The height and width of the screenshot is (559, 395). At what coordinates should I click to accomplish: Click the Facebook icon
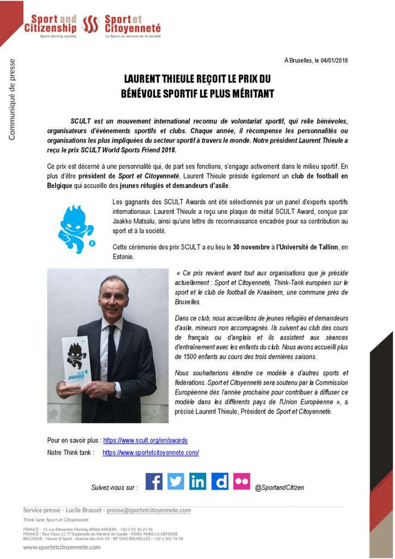pyautogui.click(x=154, y=481)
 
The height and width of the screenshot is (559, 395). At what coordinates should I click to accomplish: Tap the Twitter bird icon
pyautogui.click(x=176, y=481)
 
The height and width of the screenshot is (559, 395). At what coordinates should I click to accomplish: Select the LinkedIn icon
pyautogui.click(x=197, y=481)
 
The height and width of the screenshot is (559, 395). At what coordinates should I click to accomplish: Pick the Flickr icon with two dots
pyautogui.click(x=242, y=481)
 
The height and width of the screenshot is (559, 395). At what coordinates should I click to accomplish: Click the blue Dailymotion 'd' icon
pyautogui.click(x=220, y=481)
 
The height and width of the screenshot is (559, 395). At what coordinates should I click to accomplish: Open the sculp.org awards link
pyautogui.click(x=145, y=440)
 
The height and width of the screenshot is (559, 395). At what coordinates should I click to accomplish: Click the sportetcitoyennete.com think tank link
pyautogui.click(x=151, y=453)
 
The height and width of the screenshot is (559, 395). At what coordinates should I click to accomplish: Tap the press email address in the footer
pyautogui.click(x=148, y=510)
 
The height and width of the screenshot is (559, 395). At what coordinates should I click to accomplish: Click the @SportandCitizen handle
pyautogui.click(x=279, y=487)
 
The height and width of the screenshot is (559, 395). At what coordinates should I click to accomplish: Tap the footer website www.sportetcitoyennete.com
pyautogui.click(x=62, y=547)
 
